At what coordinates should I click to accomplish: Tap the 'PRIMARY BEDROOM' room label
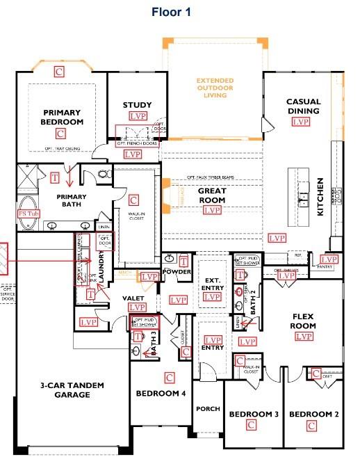coord(62,117)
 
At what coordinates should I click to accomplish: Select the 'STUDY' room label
coord(137,105)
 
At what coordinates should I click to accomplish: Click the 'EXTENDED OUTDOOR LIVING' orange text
coord(215,89)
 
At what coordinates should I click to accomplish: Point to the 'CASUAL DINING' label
coord(303,106)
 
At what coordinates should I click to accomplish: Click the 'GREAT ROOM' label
coord(213,195)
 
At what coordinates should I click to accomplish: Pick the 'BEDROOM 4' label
coord(161,394)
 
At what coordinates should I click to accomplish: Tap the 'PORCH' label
coord(207,409)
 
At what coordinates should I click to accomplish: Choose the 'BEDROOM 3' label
coord(254,414)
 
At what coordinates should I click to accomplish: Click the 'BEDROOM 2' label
coord(313,414)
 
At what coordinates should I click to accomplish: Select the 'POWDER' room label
coord(177,271)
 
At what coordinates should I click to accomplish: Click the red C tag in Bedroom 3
coord(251,423)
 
